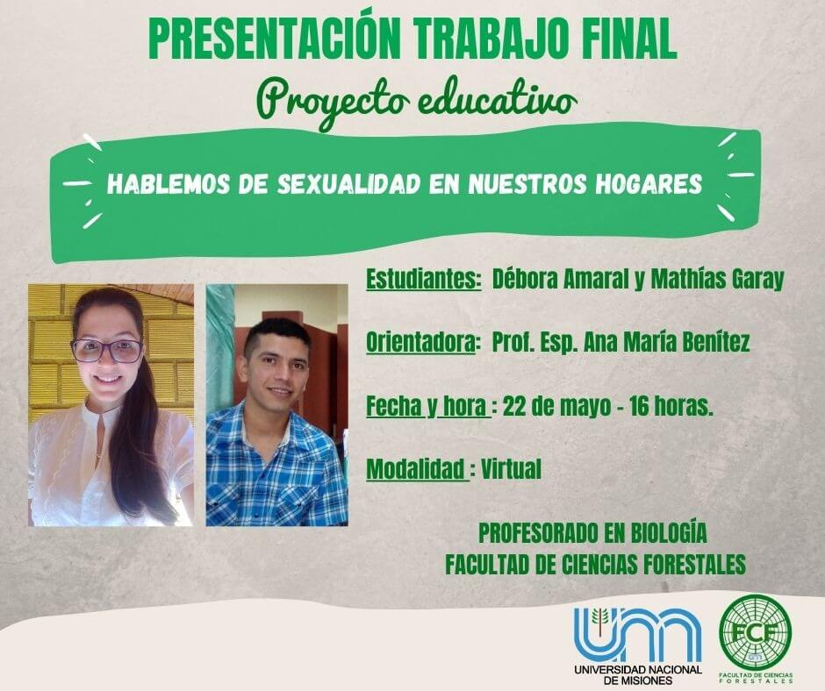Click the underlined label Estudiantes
[x=424, y=279]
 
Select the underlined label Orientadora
[x=422, y=343]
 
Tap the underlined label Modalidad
[x=417, y=469]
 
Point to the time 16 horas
[x=671, y=407]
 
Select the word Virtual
[x=512, y=469]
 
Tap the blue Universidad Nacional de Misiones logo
[x=638, y=645]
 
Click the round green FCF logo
[x=756, y=632]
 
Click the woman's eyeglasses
[x=107, y=351]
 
